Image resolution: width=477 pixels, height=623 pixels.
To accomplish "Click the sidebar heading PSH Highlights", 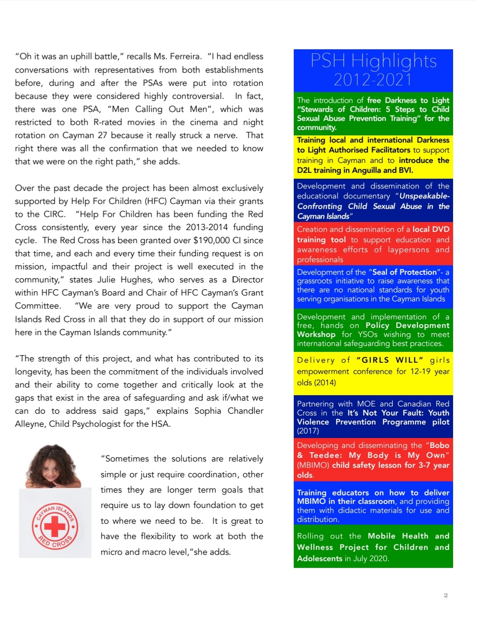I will pos(373,60).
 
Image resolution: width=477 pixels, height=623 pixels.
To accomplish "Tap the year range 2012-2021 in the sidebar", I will pos(373,80).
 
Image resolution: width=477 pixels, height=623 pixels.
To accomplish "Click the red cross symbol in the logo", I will pos(55,526).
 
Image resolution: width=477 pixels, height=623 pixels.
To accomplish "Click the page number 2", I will pos(446,595).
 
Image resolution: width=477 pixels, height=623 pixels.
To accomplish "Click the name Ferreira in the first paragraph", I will pos(185,56).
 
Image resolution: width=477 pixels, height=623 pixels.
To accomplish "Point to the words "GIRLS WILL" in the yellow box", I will pos(390,360).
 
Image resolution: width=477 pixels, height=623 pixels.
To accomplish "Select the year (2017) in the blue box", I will pos(308,431).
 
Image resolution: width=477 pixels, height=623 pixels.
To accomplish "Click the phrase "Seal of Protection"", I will pos(404,272).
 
